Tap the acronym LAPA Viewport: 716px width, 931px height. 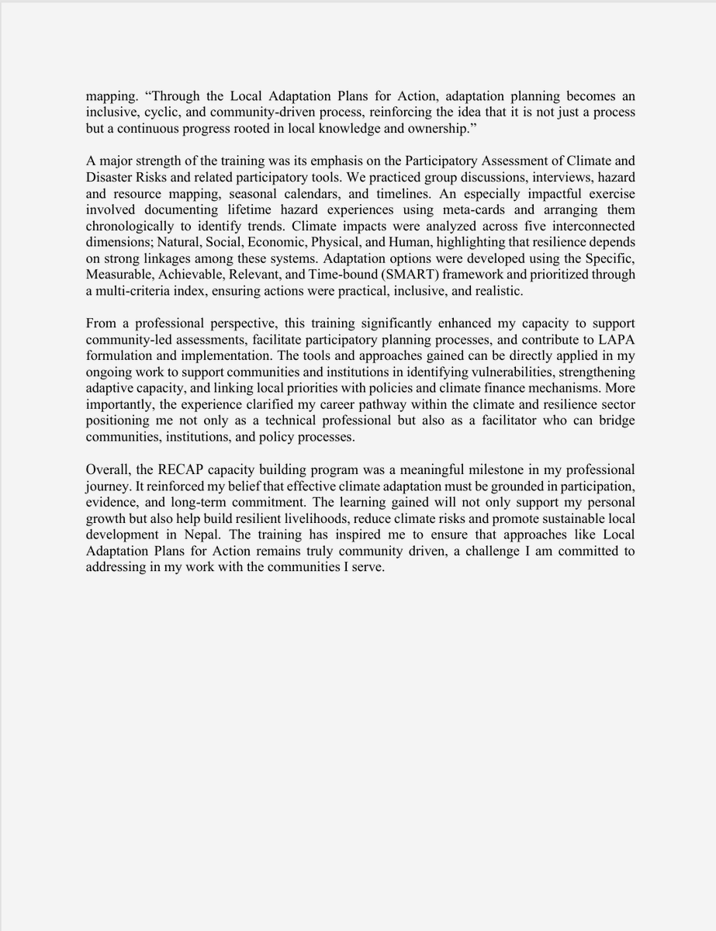coord(617,340)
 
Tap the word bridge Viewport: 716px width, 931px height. coord(616,421)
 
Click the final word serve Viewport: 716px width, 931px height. coord(368,568)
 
